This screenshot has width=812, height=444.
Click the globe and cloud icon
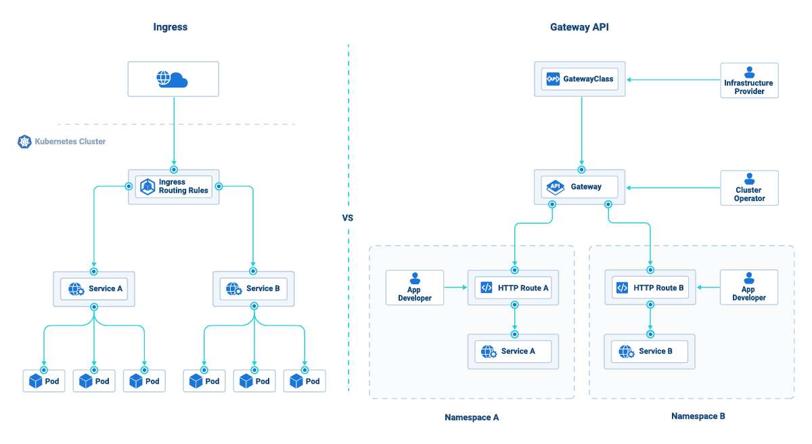click(x=172, y=79)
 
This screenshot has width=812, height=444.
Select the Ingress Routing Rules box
click(x=174, y=187)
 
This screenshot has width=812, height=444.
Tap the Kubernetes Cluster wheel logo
click(x=24, y=141)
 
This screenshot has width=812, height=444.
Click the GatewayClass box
click(x=580, y=79)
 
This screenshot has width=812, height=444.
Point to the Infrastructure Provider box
click(x=749, y=81)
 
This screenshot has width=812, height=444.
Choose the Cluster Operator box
click(x=749, y=188)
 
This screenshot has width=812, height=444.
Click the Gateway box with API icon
click(x=580, y=187)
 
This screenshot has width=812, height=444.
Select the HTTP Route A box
click(x=513, y=288)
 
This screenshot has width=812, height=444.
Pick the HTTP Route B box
click(x=650, y=288)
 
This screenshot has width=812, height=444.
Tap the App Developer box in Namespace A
click(x=415, y=288)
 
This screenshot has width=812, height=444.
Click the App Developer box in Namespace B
click(x=749, y=288)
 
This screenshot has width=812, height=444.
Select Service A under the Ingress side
click(x=94, y=289)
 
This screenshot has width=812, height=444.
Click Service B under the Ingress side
click(x=253, y=289)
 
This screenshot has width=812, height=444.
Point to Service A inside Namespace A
click(x=513, y=351)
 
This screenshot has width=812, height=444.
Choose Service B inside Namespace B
click(x=650, y=351)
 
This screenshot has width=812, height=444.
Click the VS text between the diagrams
click(x=348, y=218)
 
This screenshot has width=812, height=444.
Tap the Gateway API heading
click(x=579, y=27)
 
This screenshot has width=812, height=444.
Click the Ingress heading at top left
click(x=171, y=27)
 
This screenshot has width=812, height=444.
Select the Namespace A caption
click(x=472, y=418)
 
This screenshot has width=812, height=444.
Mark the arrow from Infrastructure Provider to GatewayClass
click(x=673, y=80)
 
